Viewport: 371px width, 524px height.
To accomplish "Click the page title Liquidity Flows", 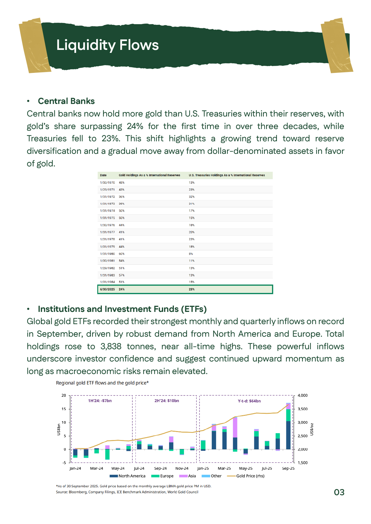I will (108, 45).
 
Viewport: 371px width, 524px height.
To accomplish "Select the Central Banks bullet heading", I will (66, 101).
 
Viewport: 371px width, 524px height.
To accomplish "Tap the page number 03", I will (339, 492).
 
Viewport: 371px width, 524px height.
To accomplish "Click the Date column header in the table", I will (103, 175).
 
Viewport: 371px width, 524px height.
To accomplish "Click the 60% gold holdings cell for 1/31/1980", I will (122, 254).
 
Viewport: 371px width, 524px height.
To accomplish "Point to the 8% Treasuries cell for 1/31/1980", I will (191, 254).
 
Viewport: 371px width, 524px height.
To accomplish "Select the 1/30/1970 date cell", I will (108, 183).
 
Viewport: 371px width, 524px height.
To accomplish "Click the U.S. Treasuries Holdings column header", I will (227, 175).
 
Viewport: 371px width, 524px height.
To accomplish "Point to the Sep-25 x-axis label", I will (288, 468).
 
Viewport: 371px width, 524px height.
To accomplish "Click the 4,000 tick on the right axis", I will (303, 396).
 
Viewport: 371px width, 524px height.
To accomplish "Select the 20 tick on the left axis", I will (64, 396).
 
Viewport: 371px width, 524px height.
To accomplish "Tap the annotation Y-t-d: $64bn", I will (249, 401).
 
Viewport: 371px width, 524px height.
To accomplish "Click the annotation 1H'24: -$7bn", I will (100, 401).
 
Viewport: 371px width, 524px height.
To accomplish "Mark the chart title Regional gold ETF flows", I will (102, 383).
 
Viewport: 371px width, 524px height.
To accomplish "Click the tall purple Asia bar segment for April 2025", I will (235, 428).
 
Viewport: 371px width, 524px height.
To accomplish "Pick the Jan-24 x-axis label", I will (75, 468).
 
